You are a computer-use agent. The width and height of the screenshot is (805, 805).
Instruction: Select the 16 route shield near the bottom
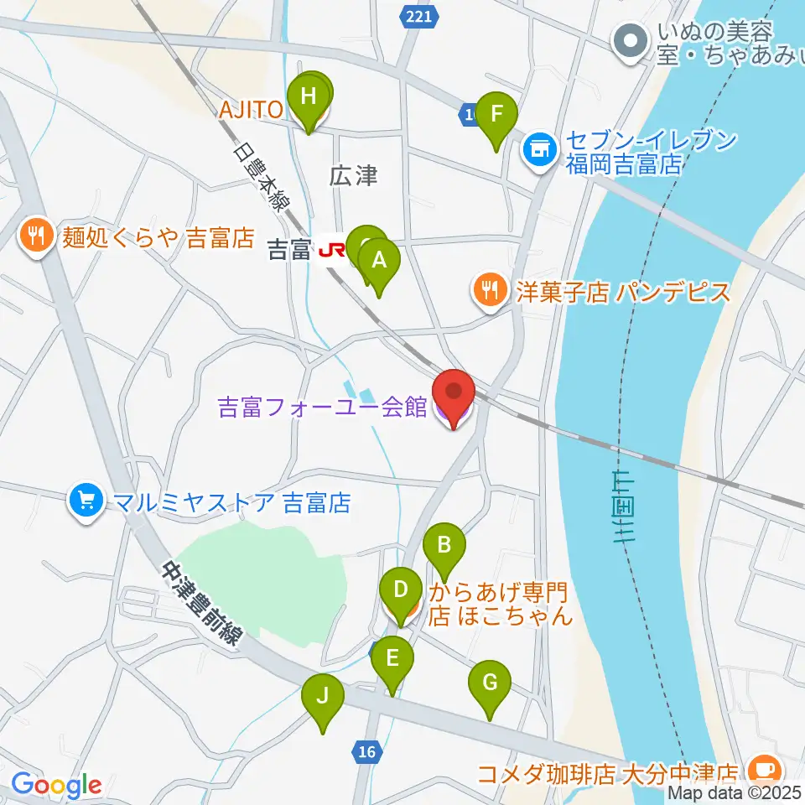pos(366,752)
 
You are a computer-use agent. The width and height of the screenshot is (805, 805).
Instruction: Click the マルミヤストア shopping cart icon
pos(85,502)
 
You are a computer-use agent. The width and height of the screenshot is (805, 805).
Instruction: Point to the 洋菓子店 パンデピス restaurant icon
pos(488,291)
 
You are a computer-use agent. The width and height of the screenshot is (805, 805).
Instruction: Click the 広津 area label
pos(354,176)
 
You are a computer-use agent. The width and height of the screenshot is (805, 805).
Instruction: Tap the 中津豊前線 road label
pos(201,602)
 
